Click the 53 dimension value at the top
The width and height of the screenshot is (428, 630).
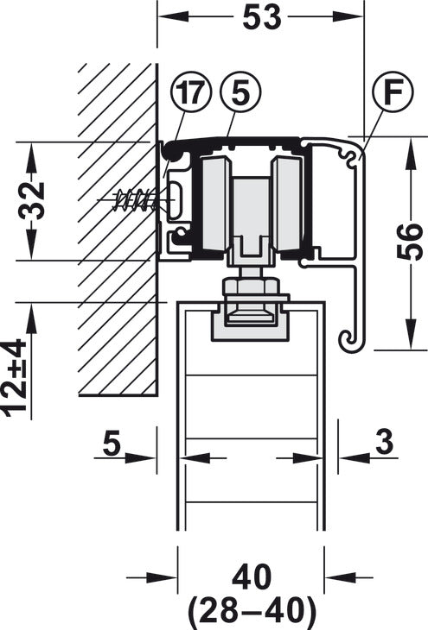click(262, 17)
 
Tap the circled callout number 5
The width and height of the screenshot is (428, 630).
click(240, 91)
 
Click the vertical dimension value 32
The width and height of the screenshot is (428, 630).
click(32, 201)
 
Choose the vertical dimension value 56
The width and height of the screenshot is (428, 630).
click(410, 241)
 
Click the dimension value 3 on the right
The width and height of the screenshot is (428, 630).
click(386, 442)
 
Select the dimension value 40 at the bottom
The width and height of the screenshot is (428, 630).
click(252, 577)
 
